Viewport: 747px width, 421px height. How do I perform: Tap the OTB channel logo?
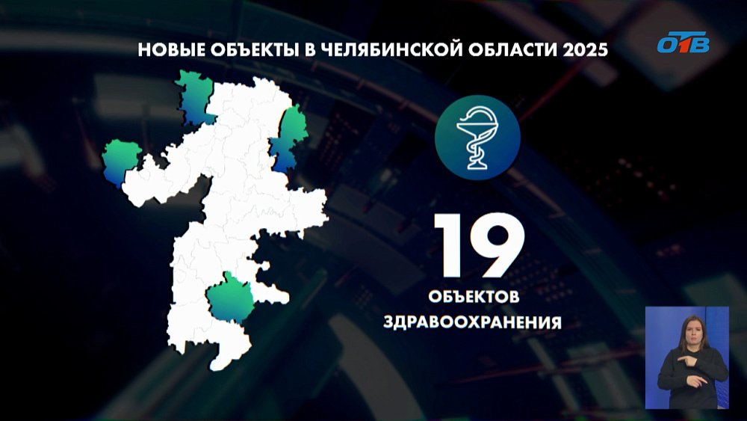pyautogui.click(x=682, y=43)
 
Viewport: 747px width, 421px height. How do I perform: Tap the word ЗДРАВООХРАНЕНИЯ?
pyautogui.click(x=472, y=323)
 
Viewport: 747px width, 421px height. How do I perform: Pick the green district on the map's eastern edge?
pyautogui.click(x=290, y=138)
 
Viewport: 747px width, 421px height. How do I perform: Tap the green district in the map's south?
pyautogui.click(x=230, y=297)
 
